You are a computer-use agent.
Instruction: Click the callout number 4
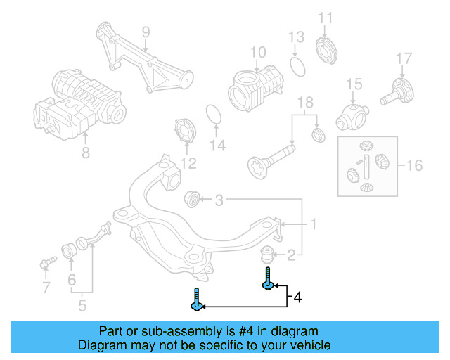[297, 297]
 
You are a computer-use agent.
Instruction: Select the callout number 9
[146, 32]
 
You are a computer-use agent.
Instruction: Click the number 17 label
[403, 58]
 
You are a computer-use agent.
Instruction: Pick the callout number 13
[296, 37]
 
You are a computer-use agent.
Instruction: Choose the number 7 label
[46, 288]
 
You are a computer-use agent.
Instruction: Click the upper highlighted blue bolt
[268, 279]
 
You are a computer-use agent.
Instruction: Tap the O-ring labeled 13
[297, 66]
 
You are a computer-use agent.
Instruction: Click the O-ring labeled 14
[214, 113]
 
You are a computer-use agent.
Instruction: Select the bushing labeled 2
[269, 253]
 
